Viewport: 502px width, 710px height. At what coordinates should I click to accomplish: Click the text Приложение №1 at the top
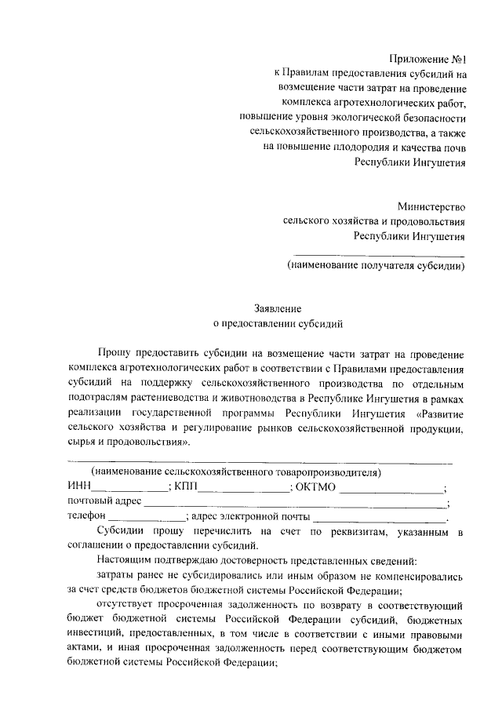pyautogui.click(x=427, y=60)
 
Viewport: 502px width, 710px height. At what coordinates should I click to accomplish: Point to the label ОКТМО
pyautogui.click(x=316, y=487)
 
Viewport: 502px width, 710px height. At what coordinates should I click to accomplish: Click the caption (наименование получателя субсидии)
pyautogui.click(x=376, y=265)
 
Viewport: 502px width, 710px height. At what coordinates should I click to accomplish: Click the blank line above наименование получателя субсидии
pyautogui.click(x=378, y=253)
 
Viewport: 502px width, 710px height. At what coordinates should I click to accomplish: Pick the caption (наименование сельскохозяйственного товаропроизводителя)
pyautogui.click(x=236, y=472)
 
